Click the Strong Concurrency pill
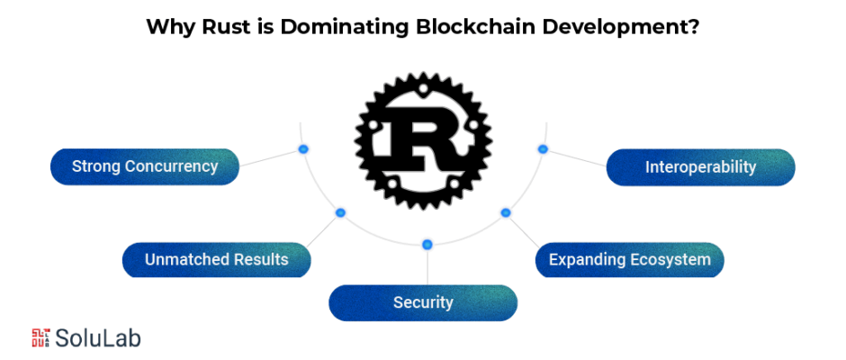pos(145,166)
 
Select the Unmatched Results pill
pos(216,259)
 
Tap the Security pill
pos(423,302)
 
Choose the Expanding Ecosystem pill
pos(630,259)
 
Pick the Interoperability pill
pos(701,166)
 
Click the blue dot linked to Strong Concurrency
pos(303,149)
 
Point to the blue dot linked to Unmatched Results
pos(340,212)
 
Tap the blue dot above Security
pos(427,245)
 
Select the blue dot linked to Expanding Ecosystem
pos(506,212)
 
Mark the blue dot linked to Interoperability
pos(543,149)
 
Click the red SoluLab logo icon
pos(41,337)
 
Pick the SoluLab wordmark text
pos(98,337)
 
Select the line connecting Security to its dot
pos(427,267)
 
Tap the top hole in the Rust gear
pos(423,88)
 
